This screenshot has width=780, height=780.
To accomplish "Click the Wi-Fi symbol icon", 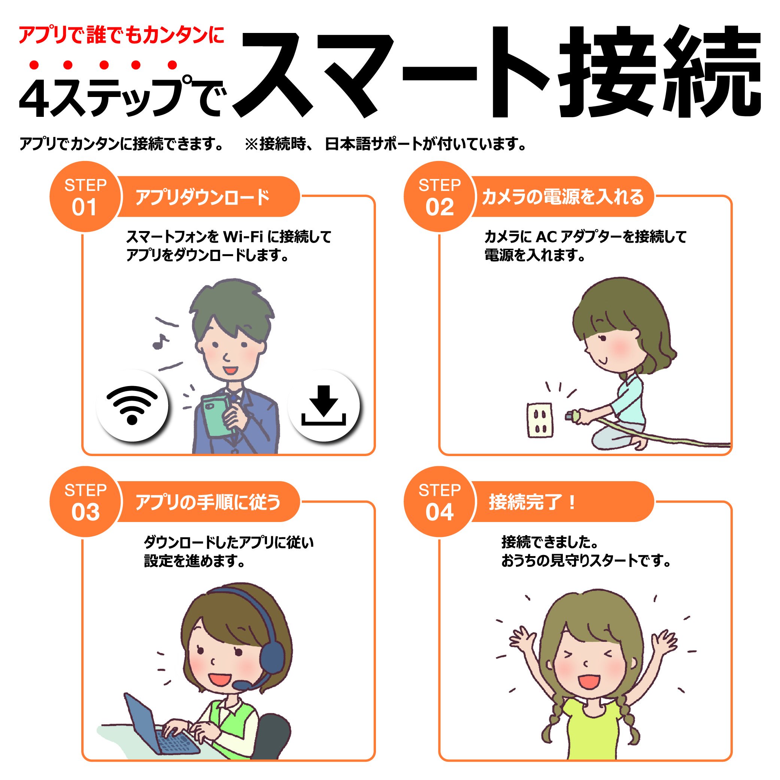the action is [132, 405].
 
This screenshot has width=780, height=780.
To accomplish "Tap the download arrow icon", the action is [324, 405].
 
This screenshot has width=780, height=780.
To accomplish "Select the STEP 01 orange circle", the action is [85, 197].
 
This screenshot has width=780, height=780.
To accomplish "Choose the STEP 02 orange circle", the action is [439, 197].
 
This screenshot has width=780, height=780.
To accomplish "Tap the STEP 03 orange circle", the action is [85, 501].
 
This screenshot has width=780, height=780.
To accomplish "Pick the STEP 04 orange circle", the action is [439, 501].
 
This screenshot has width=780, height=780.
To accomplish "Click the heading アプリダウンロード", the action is [202, 197].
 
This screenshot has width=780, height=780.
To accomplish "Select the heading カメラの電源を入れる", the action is [562, 197].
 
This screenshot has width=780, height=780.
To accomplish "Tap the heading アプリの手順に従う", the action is [208, 502].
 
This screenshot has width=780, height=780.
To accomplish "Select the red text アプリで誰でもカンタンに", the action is [121, 35].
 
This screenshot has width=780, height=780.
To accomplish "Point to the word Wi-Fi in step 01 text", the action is [243, 237].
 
